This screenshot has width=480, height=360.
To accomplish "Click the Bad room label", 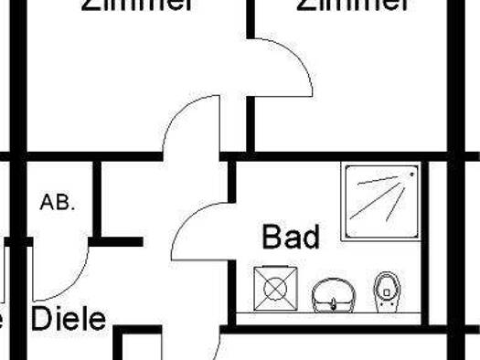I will (x=292, y=238).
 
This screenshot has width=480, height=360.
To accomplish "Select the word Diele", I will (x=69, y=320).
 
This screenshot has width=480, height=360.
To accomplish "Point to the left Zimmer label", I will (x=138, y=5).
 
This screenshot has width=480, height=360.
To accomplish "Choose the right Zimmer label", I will (x=352, y=5).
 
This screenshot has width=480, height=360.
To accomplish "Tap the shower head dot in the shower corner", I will (x=412, y=172).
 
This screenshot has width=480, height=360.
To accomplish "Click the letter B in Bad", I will (x=272, y=238).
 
